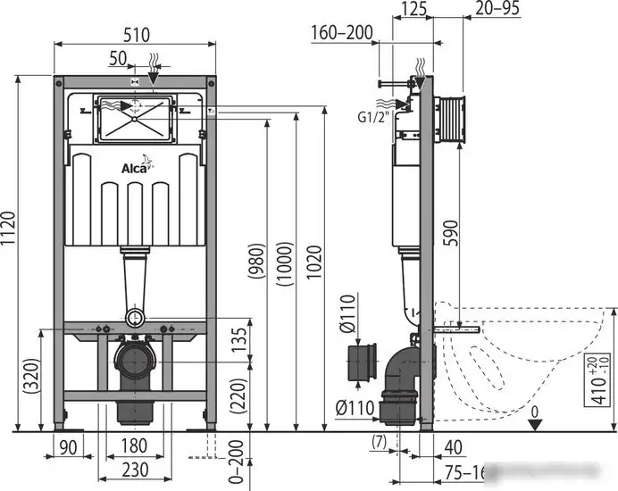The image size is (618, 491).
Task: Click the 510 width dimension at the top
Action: tap(137, 34)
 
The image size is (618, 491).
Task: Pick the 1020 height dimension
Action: tap(314, 259)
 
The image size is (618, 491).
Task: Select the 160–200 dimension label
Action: tap(342, 33)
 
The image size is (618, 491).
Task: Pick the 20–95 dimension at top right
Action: tap(498, 10)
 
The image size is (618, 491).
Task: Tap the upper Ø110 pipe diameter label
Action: tap(348, 317)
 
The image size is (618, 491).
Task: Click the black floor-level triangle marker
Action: tap(532, 424)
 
